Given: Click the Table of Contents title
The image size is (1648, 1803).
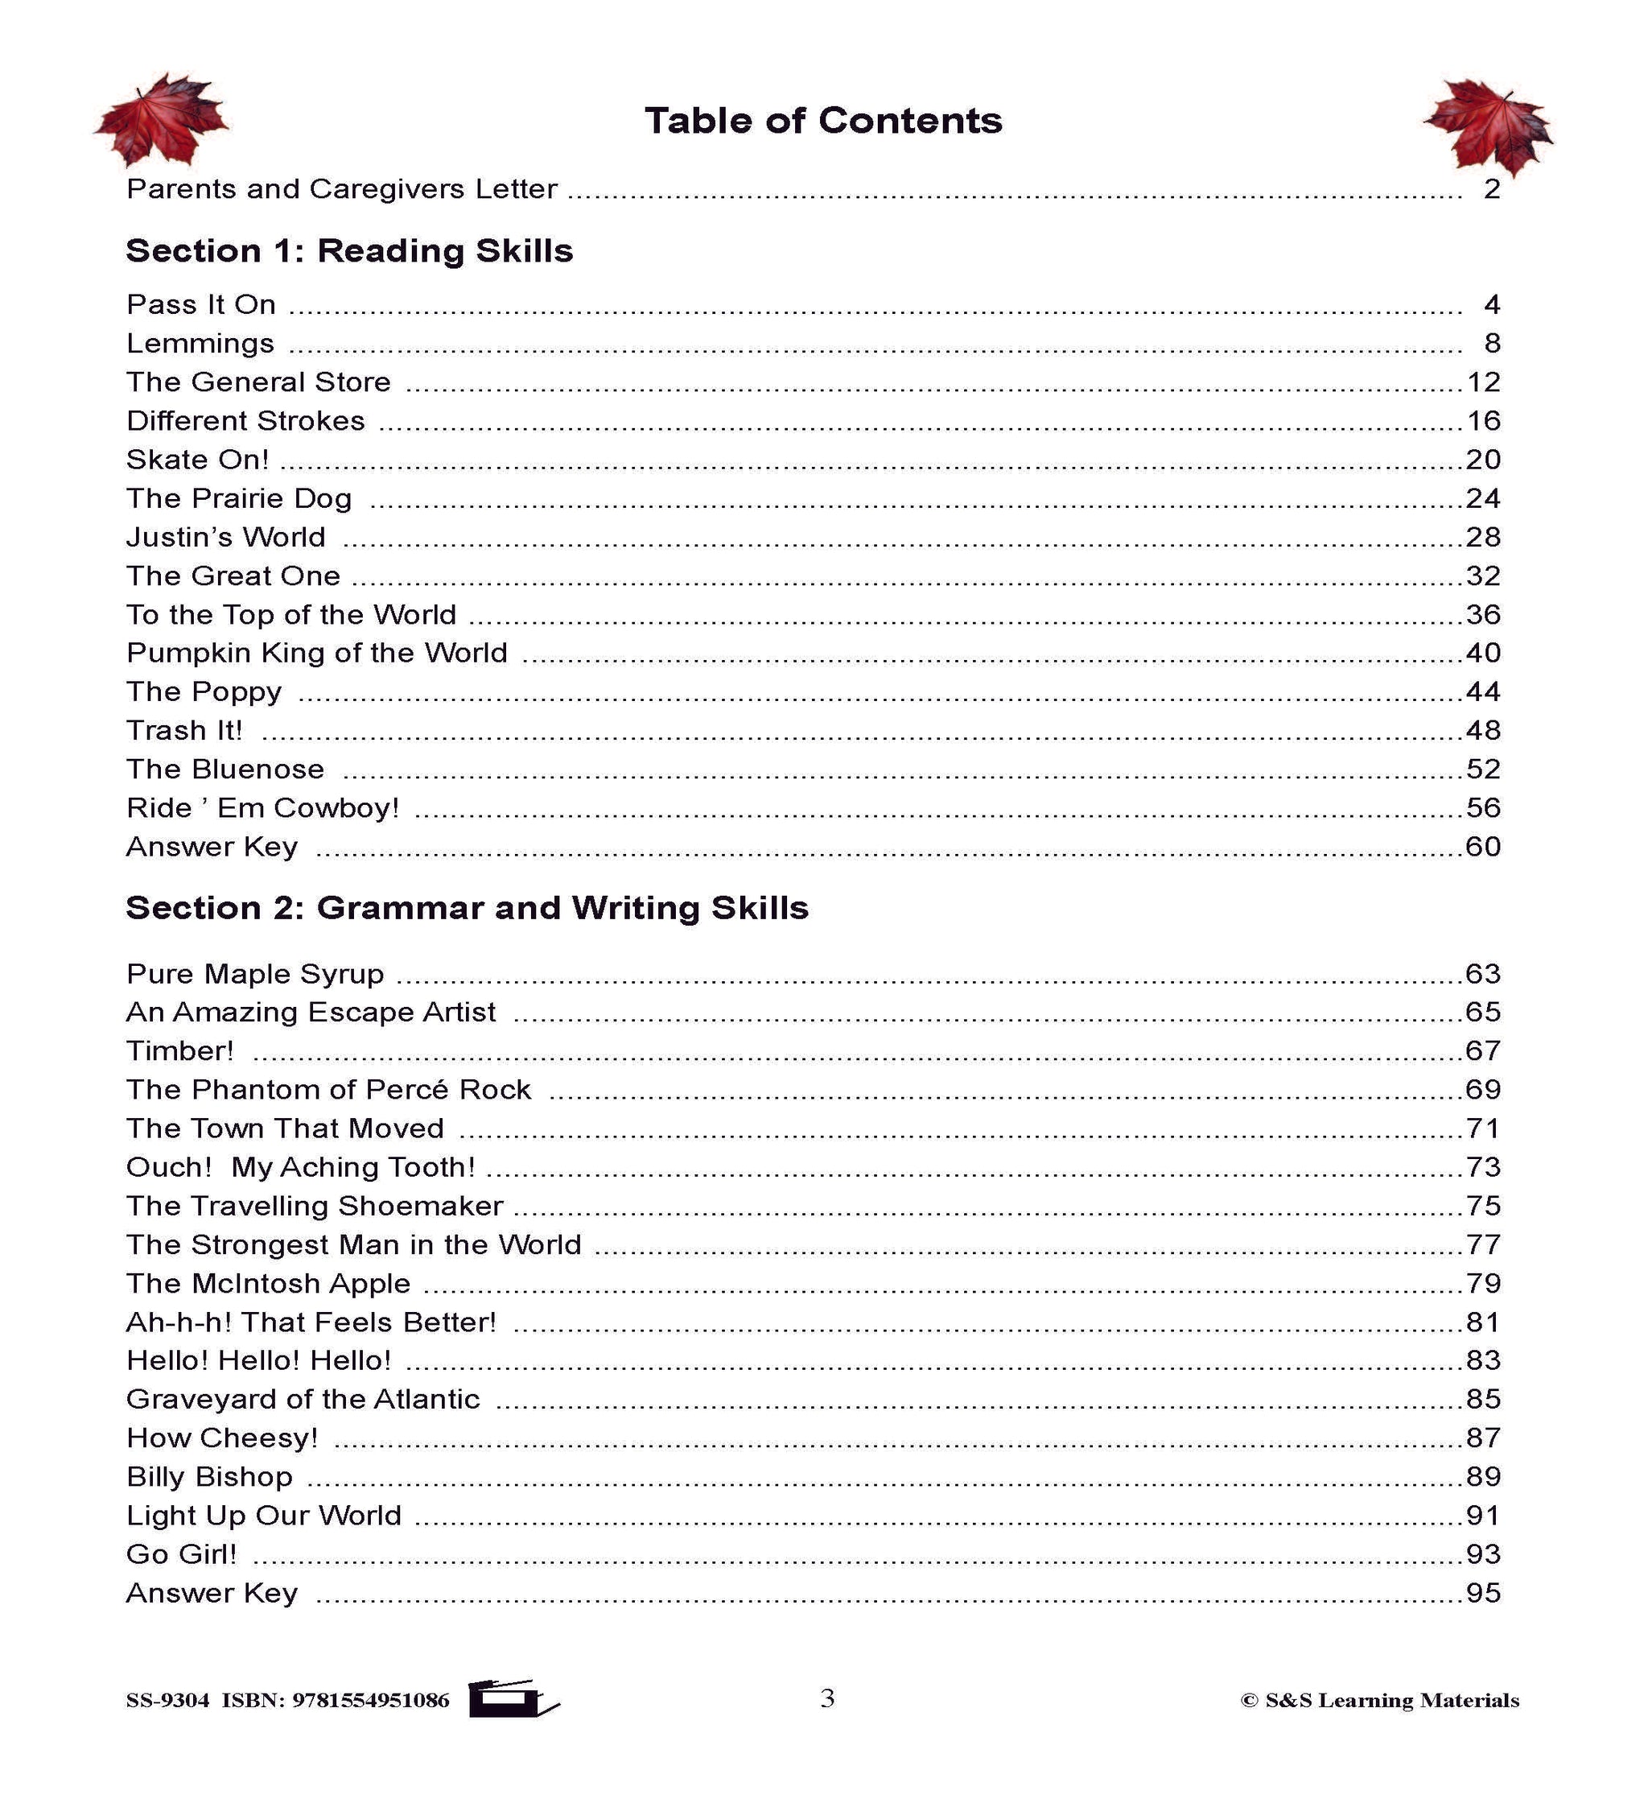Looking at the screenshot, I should click(x=822, y=121).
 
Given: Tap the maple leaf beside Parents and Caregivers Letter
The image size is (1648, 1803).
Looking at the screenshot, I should click(x=161, y=121).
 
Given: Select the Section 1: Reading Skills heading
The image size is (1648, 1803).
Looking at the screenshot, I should click(x=348, y=251).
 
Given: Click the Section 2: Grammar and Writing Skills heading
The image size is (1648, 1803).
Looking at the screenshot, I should click(x=467, y=908).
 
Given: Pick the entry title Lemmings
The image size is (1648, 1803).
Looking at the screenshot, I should click(x=200, y=344).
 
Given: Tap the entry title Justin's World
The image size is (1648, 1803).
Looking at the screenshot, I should click(x=225, y=538).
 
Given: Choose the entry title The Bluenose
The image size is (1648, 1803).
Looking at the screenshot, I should click(x=225, y=769).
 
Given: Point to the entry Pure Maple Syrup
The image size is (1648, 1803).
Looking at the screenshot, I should click(x=255, y=974).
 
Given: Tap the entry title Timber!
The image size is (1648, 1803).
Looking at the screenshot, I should click(x=179, y=1051).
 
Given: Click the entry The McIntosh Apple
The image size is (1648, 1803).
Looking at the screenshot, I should click(x=268, y=1283).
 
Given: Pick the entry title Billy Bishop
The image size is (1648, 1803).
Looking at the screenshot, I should click(x=209, y=1476).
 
